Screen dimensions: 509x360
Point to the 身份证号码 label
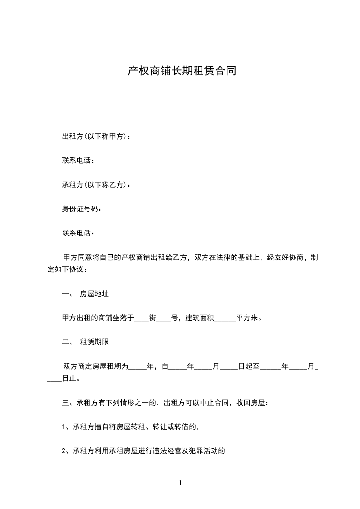click(x=79, y=209)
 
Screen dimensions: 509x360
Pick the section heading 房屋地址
click(x=94, y=294)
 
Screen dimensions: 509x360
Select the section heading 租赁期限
click(x=94, y=342)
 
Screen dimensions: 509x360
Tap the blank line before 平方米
click(x=224, y=318)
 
